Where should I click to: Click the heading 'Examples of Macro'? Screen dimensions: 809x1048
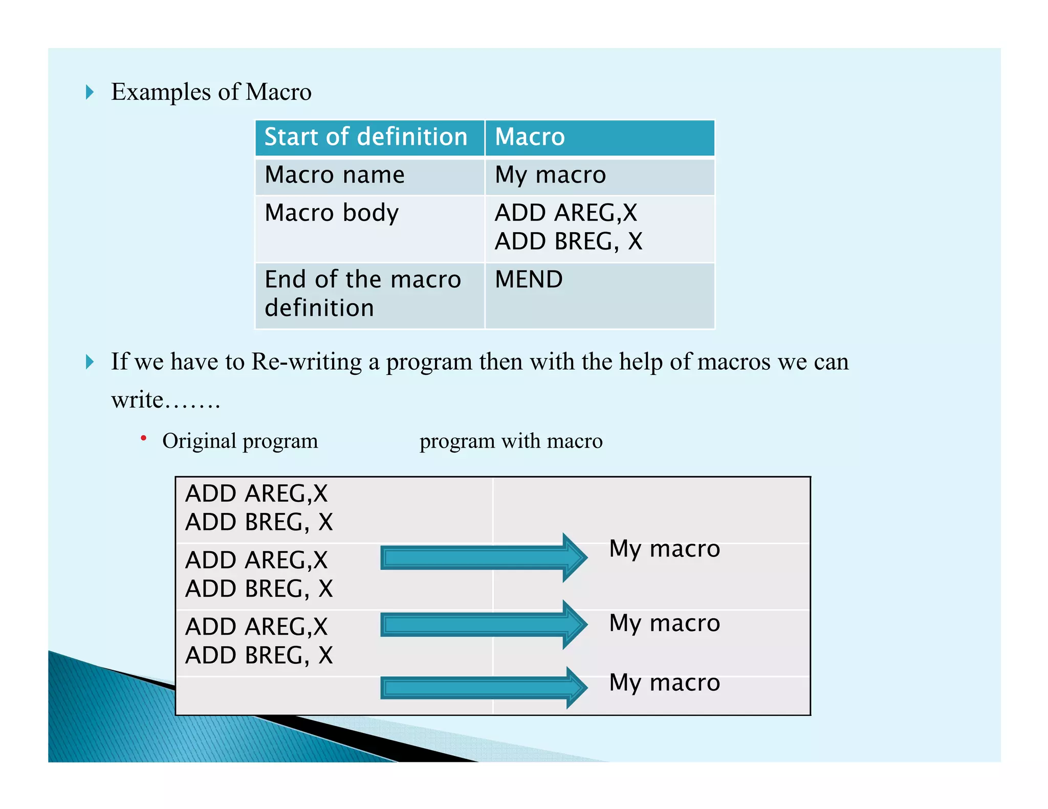pyautogui.click(x=211, y=93)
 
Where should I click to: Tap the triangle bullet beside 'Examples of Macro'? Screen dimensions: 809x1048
pyautogui.click(x=90, y=93)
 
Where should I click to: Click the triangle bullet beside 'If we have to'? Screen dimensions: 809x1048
pyautogui.click(x=90, y=362)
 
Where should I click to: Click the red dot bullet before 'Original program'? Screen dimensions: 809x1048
pyautogui.click(x=144, y=438)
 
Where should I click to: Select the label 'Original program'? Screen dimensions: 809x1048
pyautogui.click(x=240, y=441)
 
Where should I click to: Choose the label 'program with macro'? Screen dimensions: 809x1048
pyautogui.click(x=511, y=441)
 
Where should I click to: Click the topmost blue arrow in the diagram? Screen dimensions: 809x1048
pyautogui.click(x=484, y=557)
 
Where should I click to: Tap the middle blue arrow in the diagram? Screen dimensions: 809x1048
pyautogui.click(x=484, y=624)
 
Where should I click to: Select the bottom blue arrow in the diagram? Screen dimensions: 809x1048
pyautogui.click(x=484, y=687)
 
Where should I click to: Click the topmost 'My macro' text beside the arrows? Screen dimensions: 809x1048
pyautogui.click(x=665, y=549)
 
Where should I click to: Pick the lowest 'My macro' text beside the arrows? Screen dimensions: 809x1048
pyautogui.click(x=665, y=683)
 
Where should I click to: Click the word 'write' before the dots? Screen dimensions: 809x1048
pyautogui.click(x=137, y=400)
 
